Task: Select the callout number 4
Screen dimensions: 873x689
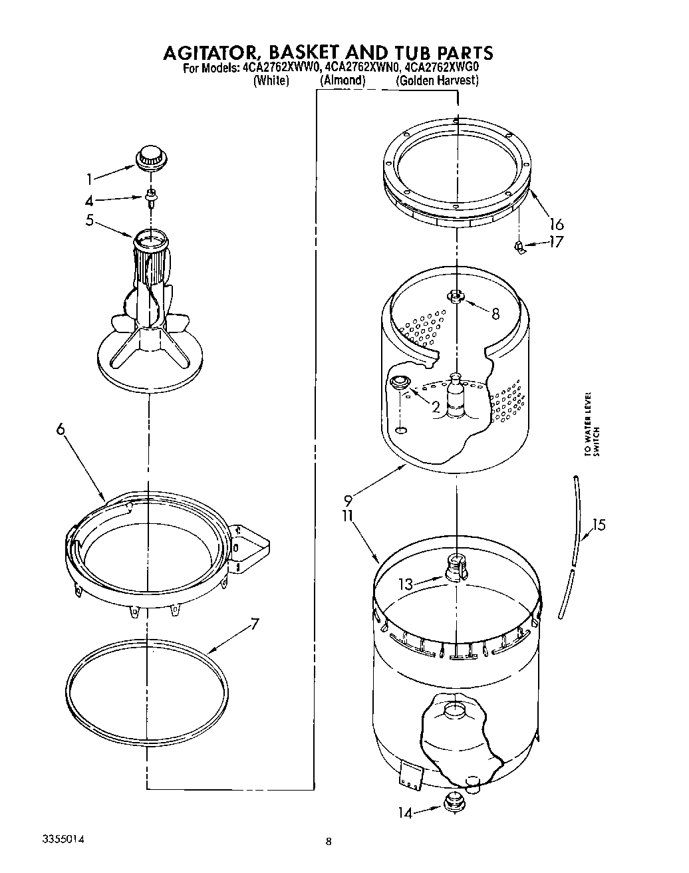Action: (x=89, y=199)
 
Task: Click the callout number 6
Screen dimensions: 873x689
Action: (x=61, y=430)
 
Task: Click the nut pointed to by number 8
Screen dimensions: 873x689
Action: (x=456, y=295)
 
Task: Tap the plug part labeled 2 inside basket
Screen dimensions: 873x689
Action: (x=400, y=383)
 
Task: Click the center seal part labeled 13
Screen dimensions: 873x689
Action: (x=456, y=566)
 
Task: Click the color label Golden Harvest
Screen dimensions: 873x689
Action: (x=437, y=80)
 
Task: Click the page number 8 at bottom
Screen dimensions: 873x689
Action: (x=329, y=842)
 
